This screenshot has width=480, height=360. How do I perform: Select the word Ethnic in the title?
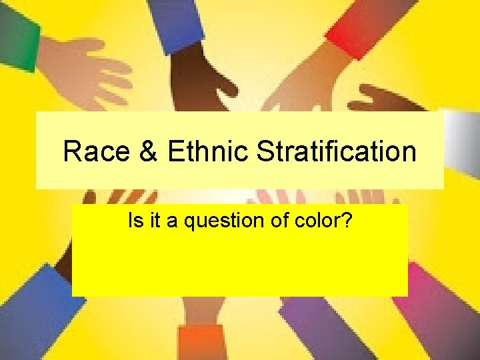207,151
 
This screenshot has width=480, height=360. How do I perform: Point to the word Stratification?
336,151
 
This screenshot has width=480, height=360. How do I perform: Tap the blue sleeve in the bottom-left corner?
33,313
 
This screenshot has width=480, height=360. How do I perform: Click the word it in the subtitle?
156,221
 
